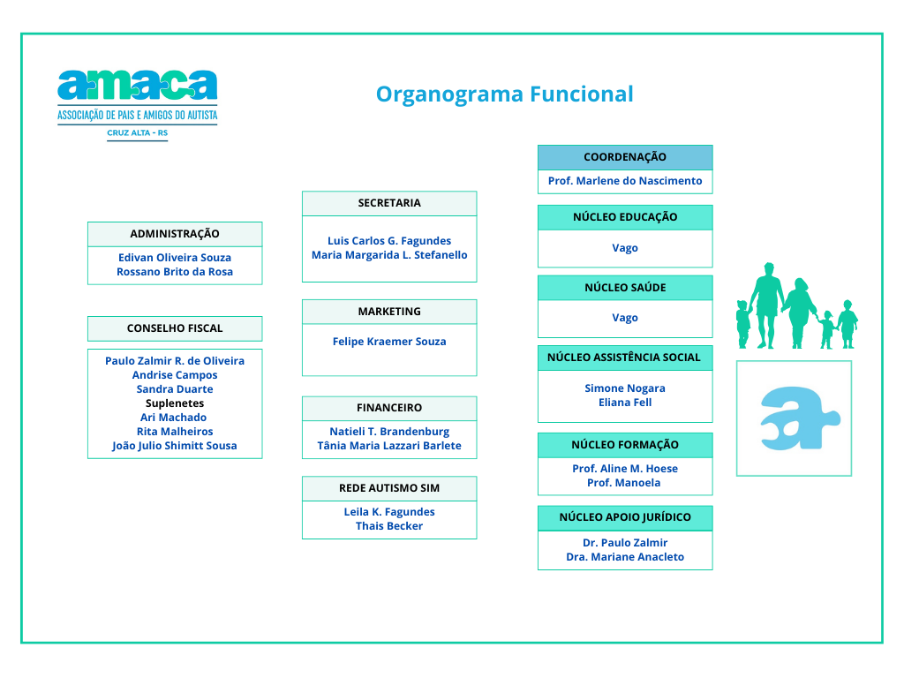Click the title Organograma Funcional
point(504,94)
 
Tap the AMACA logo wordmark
point(137,86)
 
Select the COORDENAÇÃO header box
point(625,157)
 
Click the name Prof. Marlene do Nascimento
point(625,181)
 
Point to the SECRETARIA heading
point(389,203)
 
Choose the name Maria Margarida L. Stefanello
point(389,255)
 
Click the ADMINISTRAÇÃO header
point(175,234)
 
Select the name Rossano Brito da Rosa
point(175,272)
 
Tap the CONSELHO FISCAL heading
point(175,328)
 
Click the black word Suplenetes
point(175,403)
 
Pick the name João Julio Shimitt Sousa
point(175,446)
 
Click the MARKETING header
point(389,312)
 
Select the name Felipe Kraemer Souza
point(389,342)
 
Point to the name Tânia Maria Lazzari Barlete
point(389,446)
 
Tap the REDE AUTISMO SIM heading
point(389,488)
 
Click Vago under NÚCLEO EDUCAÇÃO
point(625,248)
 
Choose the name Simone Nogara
point(625,388)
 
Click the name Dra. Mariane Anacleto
point(625,557)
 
